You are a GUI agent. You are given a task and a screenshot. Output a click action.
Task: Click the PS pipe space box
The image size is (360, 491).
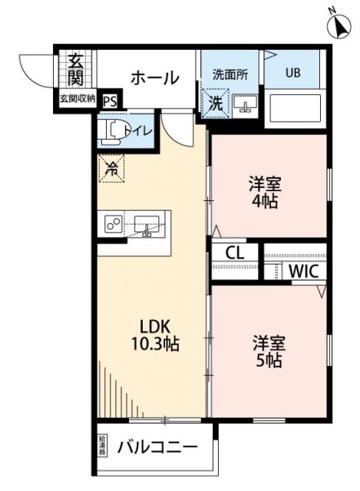(110, 100)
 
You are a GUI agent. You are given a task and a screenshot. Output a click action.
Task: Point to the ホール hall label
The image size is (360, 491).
(154, 77)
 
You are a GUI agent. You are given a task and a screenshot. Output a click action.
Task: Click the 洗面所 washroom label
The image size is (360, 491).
(230, 75)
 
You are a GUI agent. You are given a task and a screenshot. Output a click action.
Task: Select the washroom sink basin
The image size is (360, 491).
(246, 104)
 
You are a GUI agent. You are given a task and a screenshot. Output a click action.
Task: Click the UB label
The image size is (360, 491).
(293, 74)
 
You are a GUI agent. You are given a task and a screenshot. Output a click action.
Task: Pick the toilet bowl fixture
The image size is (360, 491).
(113, 131)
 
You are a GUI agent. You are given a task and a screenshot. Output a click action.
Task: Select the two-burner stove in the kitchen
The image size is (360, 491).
(114, 224)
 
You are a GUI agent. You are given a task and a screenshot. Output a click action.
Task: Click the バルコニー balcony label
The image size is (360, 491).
(157, 447)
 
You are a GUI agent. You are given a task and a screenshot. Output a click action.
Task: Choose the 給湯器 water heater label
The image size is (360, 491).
(103, 447)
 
